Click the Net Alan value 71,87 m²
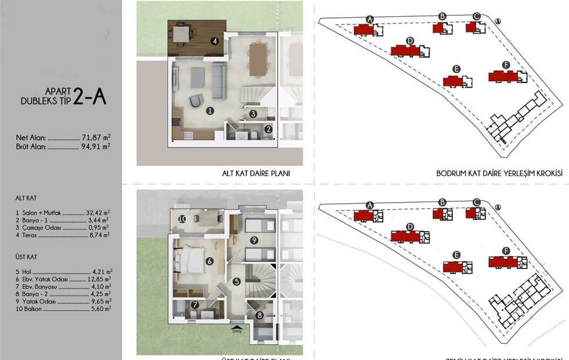pos(96,138)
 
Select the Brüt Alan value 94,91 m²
pos(96,146)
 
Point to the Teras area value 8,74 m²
pos(101,235)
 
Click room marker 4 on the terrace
pos(214,41)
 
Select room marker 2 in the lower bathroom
pos(268,129)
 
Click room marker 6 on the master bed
pos(209,261)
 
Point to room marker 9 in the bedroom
pos(254,239)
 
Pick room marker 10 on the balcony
pos(182,219)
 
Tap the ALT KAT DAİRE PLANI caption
pos(255,174)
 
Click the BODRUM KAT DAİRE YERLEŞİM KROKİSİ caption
pos(499,174)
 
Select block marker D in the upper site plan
pos(410,41)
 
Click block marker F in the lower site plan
pos(506,250)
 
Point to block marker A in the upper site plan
pos(369,19)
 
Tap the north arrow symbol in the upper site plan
pos(498,21)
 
